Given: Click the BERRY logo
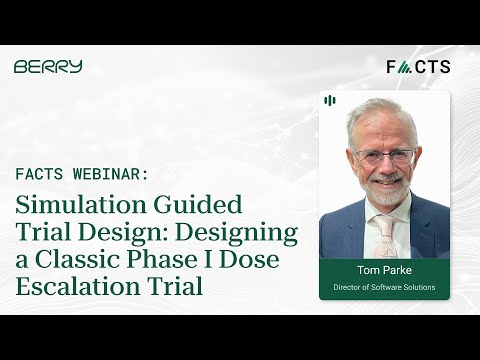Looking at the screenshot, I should pos(48,67).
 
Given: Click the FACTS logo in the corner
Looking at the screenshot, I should pos(418,67).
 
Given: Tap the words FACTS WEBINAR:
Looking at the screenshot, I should pos(82,173).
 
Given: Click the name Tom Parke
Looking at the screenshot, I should pos(384,270).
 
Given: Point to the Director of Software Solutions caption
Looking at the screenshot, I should pos(384,288).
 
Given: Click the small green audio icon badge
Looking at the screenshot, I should pos(330,100).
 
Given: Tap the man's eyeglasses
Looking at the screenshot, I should pos(384,157).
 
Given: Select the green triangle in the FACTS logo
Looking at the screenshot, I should pos(404,67).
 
